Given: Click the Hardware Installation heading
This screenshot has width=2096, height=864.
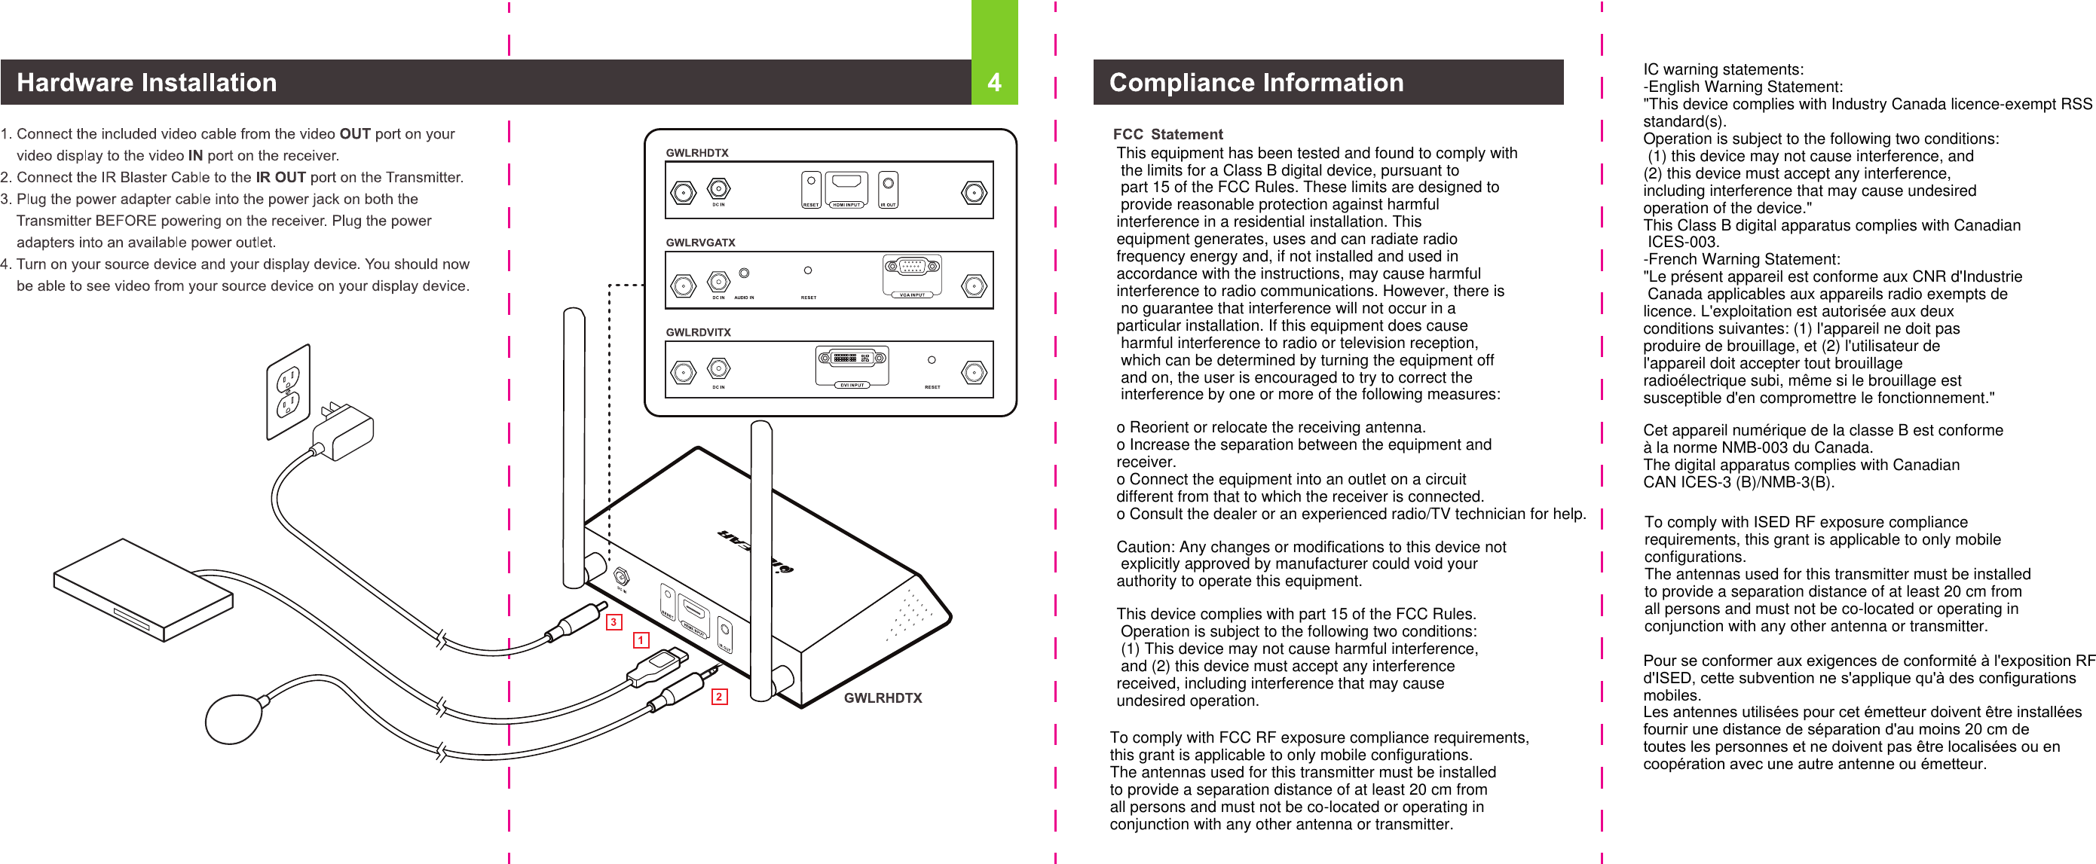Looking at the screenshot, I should coord(146,82).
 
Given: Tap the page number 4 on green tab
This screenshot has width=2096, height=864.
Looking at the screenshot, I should coord(993,82).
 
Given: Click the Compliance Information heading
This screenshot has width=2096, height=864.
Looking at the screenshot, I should coord(1256,82).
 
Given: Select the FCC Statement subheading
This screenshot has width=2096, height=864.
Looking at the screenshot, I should coord(1167,134).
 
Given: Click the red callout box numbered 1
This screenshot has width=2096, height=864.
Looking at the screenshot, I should coord(641,640).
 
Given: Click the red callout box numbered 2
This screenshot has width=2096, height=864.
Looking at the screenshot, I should coord(718,697).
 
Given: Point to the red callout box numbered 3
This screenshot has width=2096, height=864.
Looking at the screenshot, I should coord(614,622).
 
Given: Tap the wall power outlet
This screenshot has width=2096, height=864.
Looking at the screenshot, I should coord(288,391).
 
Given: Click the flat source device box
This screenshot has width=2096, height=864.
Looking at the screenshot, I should coord(142,589).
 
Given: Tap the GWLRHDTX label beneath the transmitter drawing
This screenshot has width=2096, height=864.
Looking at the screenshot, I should coord(882,698).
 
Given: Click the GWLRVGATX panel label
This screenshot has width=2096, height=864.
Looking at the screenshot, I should coord(699,243).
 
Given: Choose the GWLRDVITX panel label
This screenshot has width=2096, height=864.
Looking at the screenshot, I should coord(698,332).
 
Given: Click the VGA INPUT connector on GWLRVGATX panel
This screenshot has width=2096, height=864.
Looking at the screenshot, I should coord(912,267).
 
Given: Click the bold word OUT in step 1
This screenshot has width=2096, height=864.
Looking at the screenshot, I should coord(355,133).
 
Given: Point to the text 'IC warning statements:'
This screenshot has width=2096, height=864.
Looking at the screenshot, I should coord(1722,69).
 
